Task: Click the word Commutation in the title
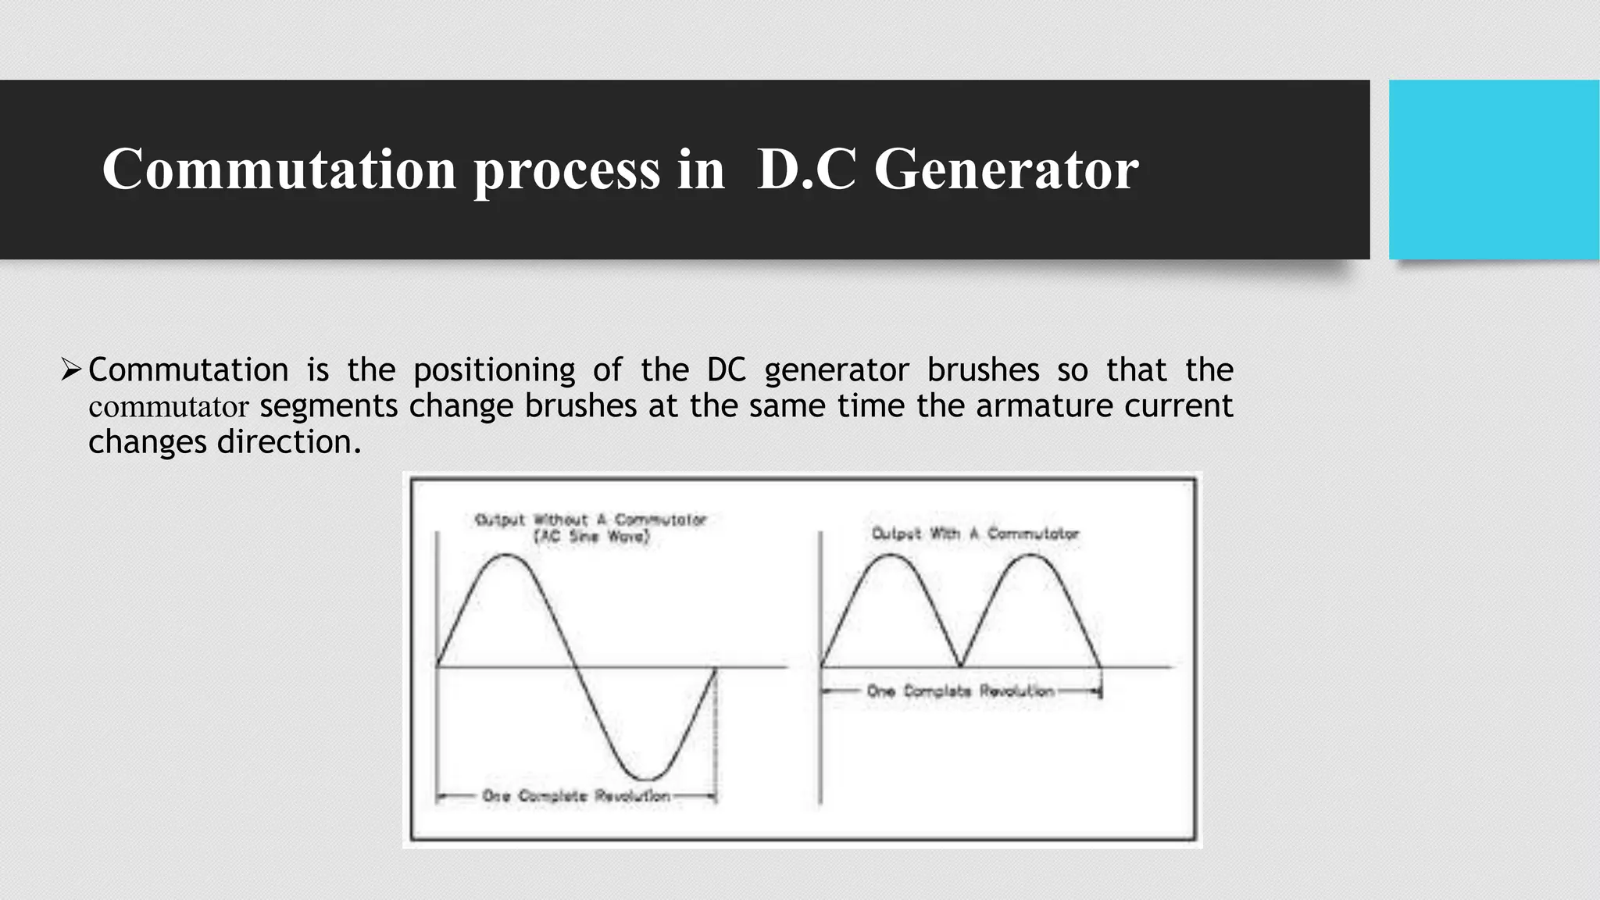[x=279, y=169]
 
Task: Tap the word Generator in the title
[x=1005, y=169]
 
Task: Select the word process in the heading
[x=567, y=170]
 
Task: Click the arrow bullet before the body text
[x=71, y=369]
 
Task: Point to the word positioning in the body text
[x=494, y=370]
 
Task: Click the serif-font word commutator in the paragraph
[x=168, y=407]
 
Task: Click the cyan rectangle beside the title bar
[x=1494, y=170]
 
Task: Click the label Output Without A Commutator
[x=591, y=520]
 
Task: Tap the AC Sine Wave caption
[x=591, y=537]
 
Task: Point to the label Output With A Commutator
[x=975, y=534]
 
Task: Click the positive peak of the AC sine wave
[x=506, y=555]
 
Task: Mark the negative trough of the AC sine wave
[x=647, y=779]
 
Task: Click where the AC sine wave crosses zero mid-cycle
[x=576, y=667]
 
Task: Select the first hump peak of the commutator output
[x=891, y=555]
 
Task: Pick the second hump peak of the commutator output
[x=1031, y=555]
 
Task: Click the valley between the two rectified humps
[x=962, y=665]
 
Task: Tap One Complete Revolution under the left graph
[x=576, y=796]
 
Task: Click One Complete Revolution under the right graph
[x=960, y=691]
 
